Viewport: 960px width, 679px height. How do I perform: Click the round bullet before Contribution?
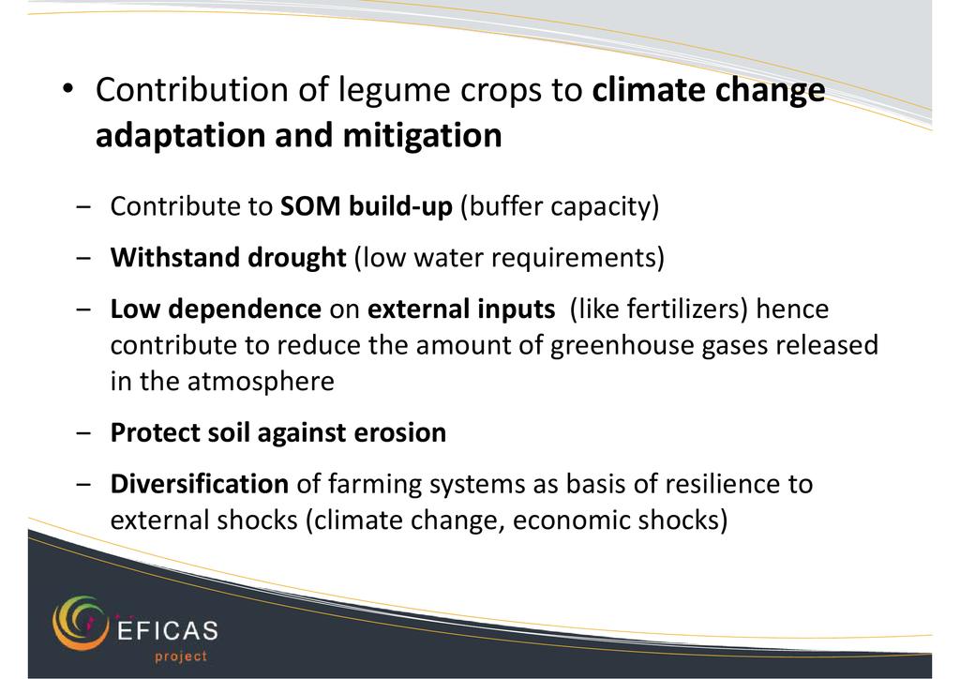[67, 88]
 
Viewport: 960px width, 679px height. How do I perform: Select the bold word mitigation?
[423, 135]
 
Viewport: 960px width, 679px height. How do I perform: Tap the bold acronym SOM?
[310, 206]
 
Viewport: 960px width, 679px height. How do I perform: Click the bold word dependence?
[245, 309]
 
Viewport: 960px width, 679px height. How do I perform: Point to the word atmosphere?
[261, 382]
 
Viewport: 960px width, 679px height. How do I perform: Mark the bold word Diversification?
[200, 484]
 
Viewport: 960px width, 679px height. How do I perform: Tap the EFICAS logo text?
[167, 630]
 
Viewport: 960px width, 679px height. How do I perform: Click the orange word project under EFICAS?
[181, 656]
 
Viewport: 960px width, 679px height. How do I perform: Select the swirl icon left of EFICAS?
[80, 624]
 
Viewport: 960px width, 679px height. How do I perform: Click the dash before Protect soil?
[83, 433]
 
